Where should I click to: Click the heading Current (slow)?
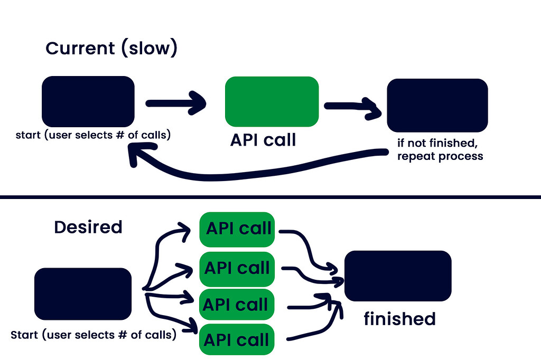click(x=111, y=49)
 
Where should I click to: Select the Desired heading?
click(x=88, y=228)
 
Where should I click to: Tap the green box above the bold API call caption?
click(x=272, y=101)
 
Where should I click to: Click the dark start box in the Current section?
click(x=88, y=101)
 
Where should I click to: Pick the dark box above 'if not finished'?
click(x=437, y=105)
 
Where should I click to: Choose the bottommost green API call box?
click(x=237, y=339)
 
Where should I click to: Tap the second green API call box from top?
click(x=238, y=268)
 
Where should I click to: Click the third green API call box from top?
click(x=236, y=305)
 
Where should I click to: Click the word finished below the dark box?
click(x=399, y=319)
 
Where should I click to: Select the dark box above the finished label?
click(x=397, y=276)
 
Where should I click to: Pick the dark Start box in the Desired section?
click(x=82, y=294)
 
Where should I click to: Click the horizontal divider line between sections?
click(x=270, y=197)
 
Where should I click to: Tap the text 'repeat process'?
click(x=440, y=157)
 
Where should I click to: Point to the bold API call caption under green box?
click(x=263, y=140)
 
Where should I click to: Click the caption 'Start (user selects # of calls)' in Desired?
click(x=94, y=334)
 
